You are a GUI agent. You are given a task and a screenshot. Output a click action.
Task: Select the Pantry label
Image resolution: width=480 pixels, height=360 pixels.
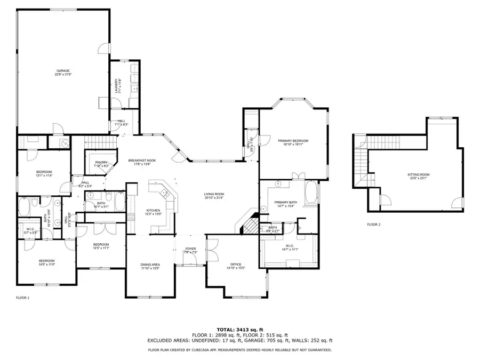102,164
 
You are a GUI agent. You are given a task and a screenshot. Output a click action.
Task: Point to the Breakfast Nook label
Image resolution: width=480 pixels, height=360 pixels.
141,162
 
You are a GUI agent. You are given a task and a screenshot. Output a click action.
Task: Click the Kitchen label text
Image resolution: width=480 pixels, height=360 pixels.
153,212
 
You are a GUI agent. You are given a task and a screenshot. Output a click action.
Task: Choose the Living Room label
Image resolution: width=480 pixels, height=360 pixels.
214,196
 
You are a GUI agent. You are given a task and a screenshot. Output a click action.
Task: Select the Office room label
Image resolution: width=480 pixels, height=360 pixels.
235,266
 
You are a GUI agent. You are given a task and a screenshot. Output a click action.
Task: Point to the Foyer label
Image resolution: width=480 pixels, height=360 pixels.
190,250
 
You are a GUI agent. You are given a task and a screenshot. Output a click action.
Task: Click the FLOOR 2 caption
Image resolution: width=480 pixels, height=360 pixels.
373,225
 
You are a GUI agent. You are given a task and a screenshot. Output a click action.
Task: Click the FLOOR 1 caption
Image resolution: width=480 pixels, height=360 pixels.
22,297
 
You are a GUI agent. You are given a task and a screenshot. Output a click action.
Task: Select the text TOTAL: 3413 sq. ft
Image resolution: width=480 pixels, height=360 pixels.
239,329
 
